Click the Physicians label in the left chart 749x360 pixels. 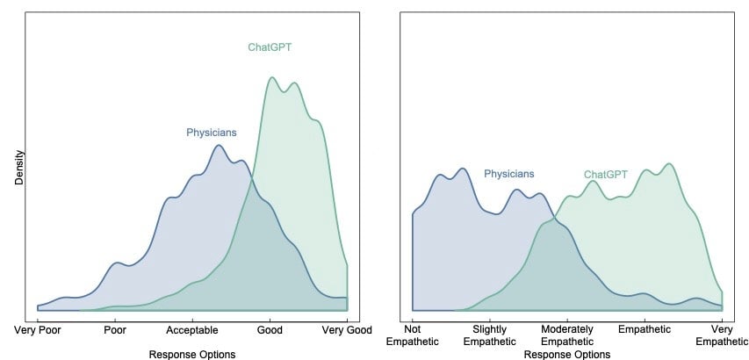point(211,133)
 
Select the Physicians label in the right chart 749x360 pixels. point(508,174)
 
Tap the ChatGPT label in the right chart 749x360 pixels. point(606,174)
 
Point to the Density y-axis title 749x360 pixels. point(19,167)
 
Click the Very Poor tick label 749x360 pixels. point(38,332)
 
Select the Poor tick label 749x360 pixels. point(116,332)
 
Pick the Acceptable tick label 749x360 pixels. point(192,332)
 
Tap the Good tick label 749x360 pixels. point(270,332)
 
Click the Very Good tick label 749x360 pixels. point(346,332)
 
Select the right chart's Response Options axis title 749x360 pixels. point(567,354)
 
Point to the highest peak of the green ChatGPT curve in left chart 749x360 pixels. point(271,77)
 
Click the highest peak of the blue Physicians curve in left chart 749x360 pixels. point(219,145)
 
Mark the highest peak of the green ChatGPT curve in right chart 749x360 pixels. point(670,163)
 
